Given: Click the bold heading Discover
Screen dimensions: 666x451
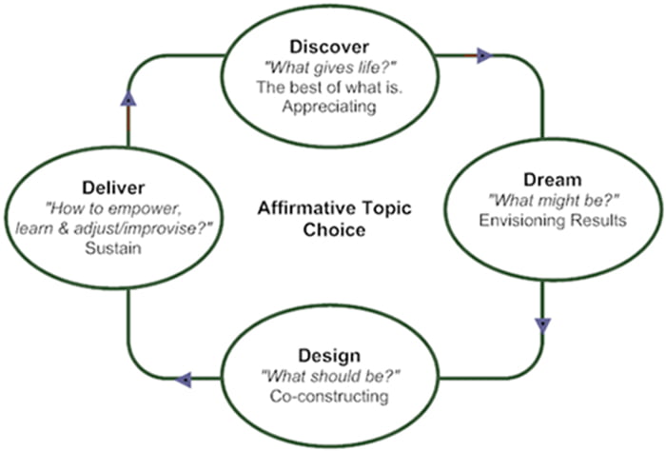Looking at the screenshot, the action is [x=329, y=47].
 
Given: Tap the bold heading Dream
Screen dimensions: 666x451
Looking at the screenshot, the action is [x=552, y=180].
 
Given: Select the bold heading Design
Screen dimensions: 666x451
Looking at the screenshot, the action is [x=329, y=356].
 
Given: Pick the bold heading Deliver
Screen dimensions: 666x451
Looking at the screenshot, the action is [x=113, y=187].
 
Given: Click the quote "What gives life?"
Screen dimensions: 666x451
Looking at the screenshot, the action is [x=330, y=68].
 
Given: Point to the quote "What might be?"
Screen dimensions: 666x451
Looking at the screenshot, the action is [x=553, y=200].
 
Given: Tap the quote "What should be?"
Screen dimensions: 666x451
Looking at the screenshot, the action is [x=330, y=376].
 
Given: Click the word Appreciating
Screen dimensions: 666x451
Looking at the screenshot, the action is [x=329, y=107].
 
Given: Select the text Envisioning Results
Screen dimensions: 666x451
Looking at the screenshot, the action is [x=553, y=221].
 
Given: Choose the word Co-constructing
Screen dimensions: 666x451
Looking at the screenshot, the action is [x=329, y=396].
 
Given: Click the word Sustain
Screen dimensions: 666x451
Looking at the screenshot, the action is [x=113, y=248].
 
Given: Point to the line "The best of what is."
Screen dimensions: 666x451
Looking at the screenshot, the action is [x=329, y=87].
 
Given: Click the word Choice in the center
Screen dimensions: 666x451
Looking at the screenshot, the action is [x=334, y=229].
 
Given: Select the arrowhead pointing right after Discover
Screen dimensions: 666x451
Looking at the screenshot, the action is [x=484, y=55].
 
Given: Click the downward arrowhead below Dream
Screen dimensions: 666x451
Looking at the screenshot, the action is [x=543, y=325].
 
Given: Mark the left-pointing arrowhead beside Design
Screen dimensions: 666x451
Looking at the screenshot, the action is [x=184, y=379].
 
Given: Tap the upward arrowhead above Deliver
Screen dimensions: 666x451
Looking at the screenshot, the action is [x=128, y=99].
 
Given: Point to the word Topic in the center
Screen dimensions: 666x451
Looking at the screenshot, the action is [x=385, y=209].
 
